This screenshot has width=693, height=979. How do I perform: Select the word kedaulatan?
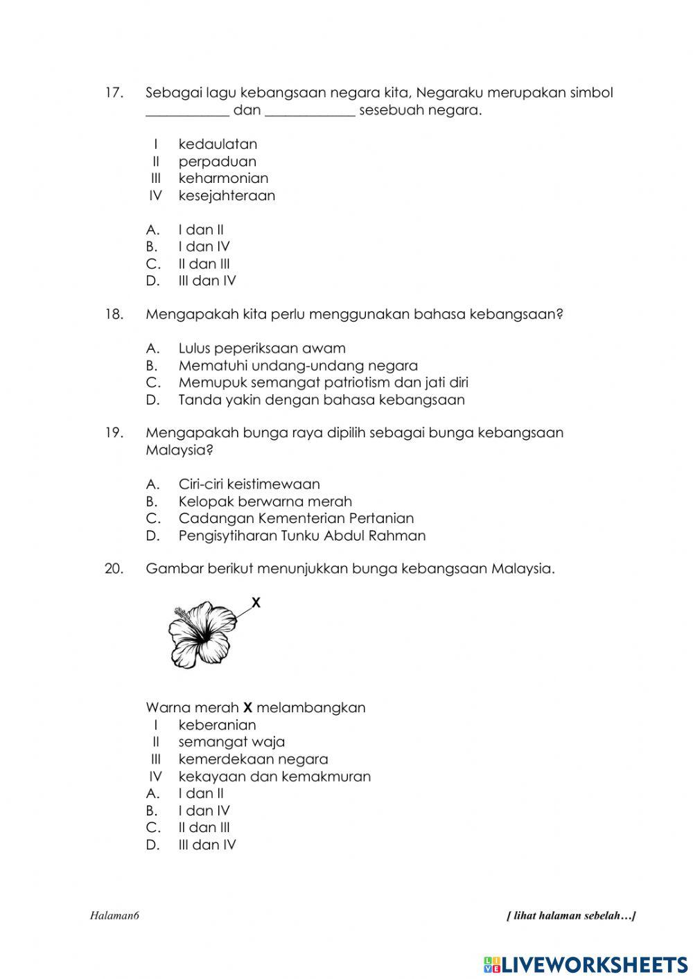pyautogui.click(x=218, y=144)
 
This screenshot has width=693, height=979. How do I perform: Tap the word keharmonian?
pyautogui.click(x=223, y=178)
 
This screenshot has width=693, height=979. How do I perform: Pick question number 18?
pyautogui.click(x=114, y=315)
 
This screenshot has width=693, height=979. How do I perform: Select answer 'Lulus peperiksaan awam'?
pyautogui.click(x=262, y=349)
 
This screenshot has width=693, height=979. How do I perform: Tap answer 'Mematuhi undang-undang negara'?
pyautogui.click(x=298, y=366)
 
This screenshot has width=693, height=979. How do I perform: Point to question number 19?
pyautogui.click(x=114, y=433)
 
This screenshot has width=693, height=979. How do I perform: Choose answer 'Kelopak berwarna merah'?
pyautogui.click(x=265, y=502)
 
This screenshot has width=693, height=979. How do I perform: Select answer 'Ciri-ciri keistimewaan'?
pyautogui.click(x=249, y=484)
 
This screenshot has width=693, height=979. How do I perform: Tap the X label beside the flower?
pyautogui.click(x=256, y=603)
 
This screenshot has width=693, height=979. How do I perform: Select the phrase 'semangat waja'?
pyautogui.click(x=231, y=742)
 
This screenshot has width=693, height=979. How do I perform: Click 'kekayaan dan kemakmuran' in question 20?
pyautogui.click(x=274, y=777)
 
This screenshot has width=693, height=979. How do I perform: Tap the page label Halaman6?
pyautogui.click(x=115, y=916)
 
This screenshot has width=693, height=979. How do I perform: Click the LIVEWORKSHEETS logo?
pyautogui.click(x=586, y=964)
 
